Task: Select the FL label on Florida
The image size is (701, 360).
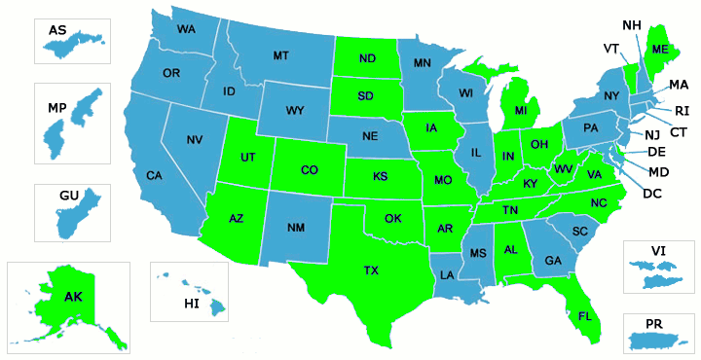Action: [x=584, y=316]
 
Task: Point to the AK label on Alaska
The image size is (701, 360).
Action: [x=73, y=297]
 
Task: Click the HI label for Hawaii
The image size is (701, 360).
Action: [x=191, y=305]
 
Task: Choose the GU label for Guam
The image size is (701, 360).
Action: [x=69, y=196]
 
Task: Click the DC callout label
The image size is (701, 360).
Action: [x=652, y=193]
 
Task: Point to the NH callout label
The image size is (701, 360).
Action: [x=632, y=24]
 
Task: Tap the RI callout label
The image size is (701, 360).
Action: [x=682, y=110]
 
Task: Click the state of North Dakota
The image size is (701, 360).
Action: [x=367, y=59]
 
